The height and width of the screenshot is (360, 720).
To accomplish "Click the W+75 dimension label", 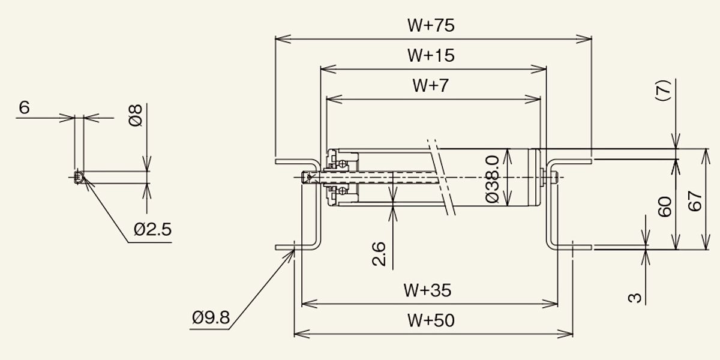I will click(x=431, y=26).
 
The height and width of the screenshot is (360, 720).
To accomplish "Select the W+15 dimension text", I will click(x=431, y=56).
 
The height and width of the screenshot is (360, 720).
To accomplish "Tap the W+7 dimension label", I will click(x=431, y=85).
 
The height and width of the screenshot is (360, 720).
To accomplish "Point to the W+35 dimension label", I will click(x=427, y=290).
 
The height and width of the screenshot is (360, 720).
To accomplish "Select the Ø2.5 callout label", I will click(x=152, y=229).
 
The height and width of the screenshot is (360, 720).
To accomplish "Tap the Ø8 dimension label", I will click(x=136, y=115).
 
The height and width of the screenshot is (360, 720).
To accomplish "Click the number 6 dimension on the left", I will click(x=25, y=108).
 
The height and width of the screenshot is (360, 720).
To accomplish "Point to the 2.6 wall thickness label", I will click(x=379, y=254).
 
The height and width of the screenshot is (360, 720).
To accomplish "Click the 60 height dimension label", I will click(x=665, y=206).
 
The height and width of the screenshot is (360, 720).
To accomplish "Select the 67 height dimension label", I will click(x=695, y=201).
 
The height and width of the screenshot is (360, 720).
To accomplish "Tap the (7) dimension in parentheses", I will click(x=662, y=91).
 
